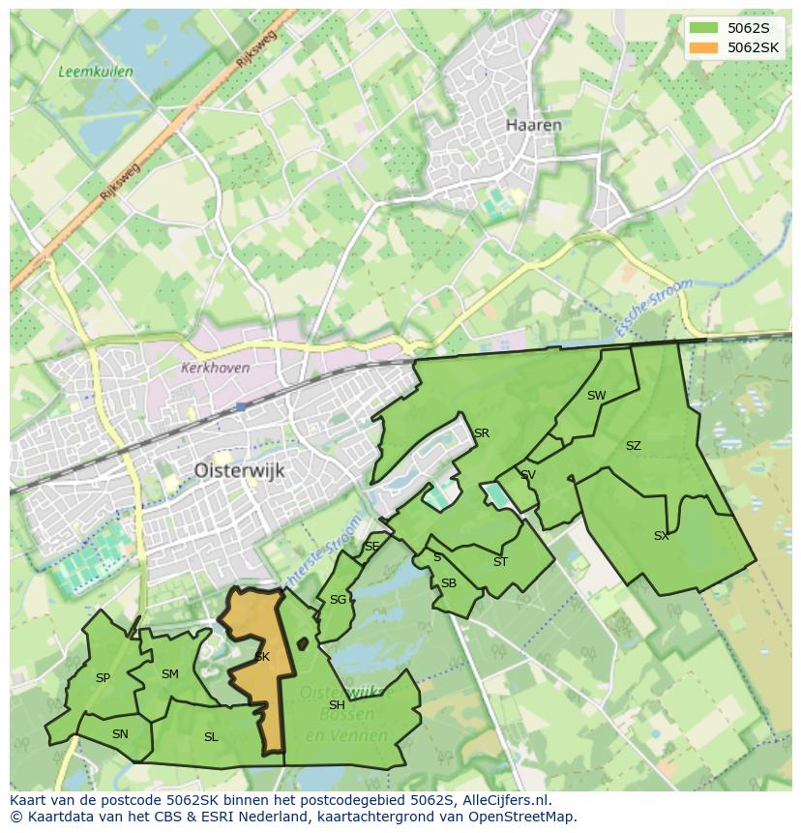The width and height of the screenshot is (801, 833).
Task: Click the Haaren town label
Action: pyautogui.click(x=534, y=125)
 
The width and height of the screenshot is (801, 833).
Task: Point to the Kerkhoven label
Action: pyautogui.click(x=215, y=368)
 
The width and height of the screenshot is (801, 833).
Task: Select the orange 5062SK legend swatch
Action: pyautogui.click(x=704, y=47)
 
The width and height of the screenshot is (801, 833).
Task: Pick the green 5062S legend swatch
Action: pyautogui.click(x=704, y=27)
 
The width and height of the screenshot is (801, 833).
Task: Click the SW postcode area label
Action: pyautogui.click(x=596, y=395)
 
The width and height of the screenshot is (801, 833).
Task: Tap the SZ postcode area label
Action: pyautogui.click(x=633, y=446)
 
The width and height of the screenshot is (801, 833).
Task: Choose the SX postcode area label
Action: pyautogui.click(x=661, y=535)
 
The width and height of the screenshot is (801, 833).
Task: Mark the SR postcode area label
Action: pyautogui.click(x=481, y=432)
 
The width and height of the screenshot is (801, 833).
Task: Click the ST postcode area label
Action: pyautogui.click(x=500, y=561)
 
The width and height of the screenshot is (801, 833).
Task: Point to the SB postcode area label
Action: pyautogui.click(x=448, y=582)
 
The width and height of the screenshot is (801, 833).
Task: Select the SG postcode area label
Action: pyautogui.click(x=338, y=600)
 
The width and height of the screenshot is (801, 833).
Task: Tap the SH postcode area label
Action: pyautogui.click(x=337, y=704)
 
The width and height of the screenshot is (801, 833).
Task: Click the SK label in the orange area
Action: pyautogui.click(x=261, y=657)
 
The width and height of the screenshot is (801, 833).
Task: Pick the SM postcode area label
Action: pyautogui.click(x=170, y=674)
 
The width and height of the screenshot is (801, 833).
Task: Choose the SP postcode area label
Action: pyautogui.click(x=103, y=678)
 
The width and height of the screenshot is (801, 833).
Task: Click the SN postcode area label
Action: pyautogui.click(x=120, y=734)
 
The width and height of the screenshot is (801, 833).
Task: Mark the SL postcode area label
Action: pyautogui.click(x=211, y=737)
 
